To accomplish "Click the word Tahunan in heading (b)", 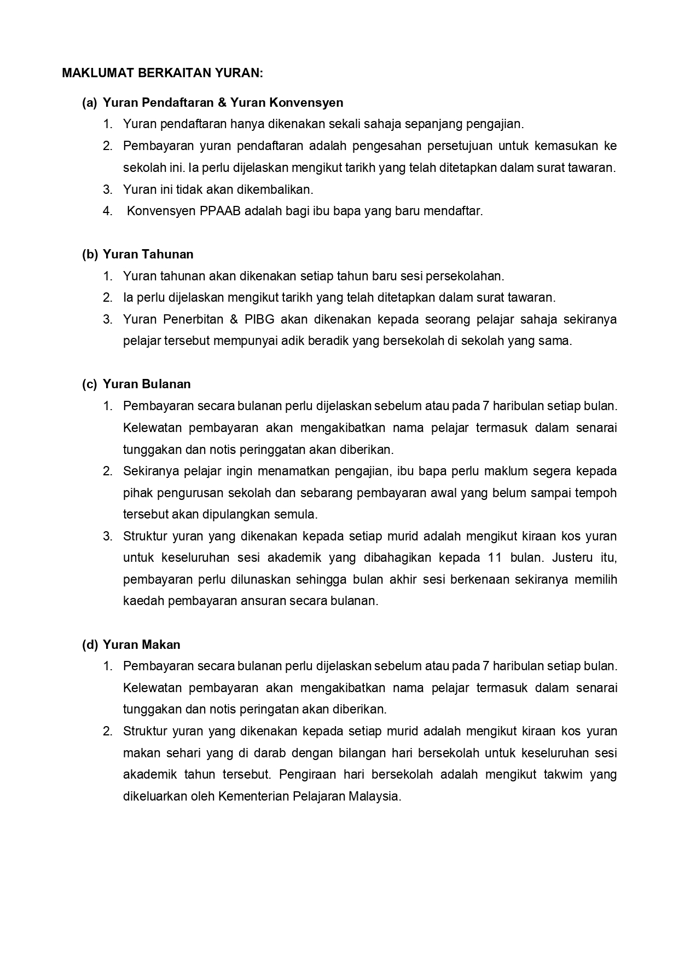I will click(x=167, y=254).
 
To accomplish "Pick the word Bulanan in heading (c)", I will click(x=166, y=384).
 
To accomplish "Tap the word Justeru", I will click(x=574, y=557).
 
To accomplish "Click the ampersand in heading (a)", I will click(x=221, y=102).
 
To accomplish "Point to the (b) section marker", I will click(x=90, y=254).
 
